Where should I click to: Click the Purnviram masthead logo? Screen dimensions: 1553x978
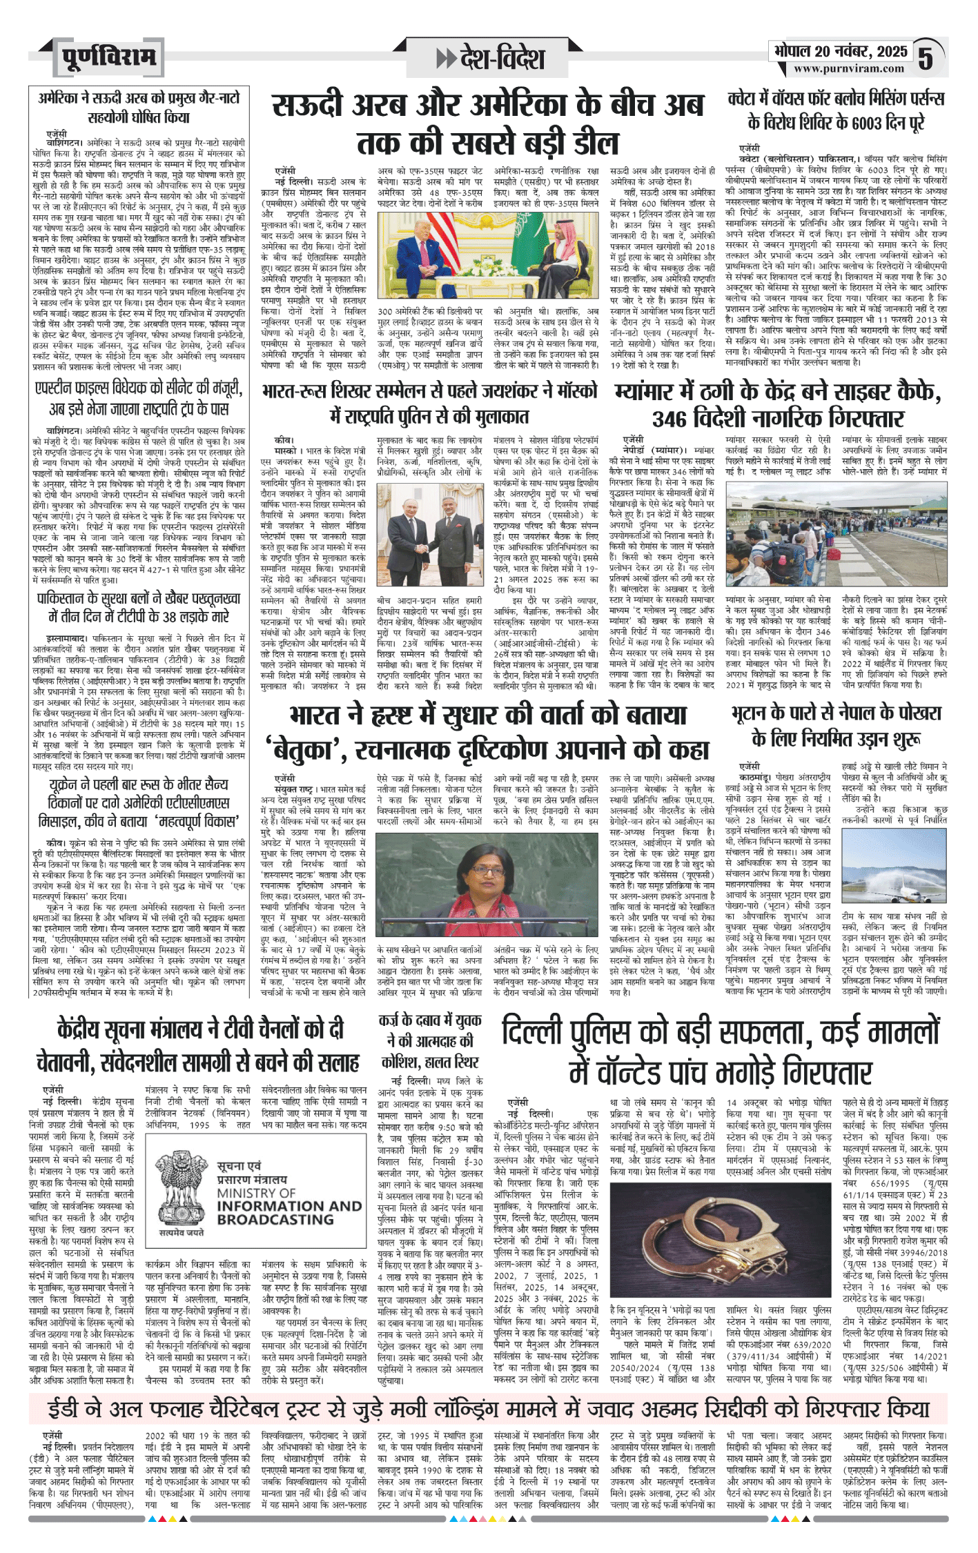point(108,57)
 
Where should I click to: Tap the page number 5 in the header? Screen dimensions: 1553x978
point(925,59)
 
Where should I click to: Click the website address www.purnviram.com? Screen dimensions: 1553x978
point(848,68)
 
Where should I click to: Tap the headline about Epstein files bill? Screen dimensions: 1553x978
point(138,398)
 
